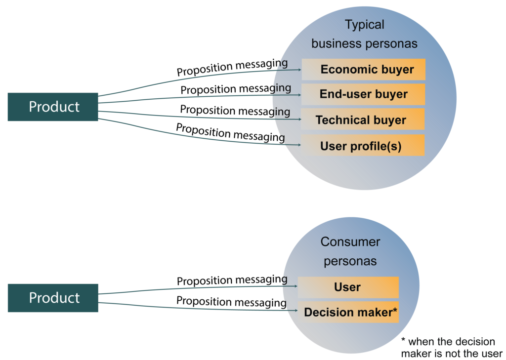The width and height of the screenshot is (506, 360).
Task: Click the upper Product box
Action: [x=53, y=107]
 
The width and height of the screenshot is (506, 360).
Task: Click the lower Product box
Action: [x=53, y=298]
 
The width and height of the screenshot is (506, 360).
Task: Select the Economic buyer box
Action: [x=364, y=69]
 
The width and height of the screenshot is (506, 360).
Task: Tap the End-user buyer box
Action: [x=363, y=94]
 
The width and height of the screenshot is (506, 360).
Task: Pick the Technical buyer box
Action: [x=363, y=120]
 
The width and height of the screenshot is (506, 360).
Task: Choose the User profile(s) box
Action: [x=363, y=146]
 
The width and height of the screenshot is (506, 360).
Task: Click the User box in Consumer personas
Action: [x=348, y=287]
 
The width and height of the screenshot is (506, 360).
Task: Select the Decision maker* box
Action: [x=348, y=312]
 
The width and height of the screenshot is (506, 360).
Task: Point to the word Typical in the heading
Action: [x=365, y=25]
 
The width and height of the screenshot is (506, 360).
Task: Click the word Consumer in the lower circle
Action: [x=350, y=242]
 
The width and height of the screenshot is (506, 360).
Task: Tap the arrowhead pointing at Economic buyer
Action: [x=299, y=70]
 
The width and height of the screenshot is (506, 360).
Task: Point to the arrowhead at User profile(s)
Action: [x=299, y=145]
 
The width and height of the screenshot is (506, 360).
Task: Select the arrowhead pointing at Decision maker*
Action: [x=296, y=311]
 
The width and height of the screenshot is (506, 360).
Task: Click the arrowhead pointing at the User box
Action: [x=296, y=286]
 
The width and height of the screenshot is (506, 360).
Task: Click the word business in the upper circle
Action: [x=336, y=43]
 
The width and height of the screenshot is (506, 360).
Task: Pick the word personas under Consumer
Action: [x=350, y=261]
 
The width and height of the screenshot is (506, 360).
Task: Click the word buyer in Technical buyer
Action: [x=390, y=120]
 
